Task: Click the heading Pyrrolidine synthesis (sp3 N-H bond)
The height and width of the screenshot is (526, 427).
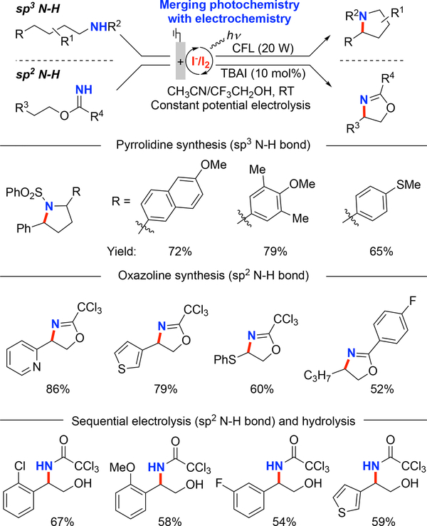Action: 213,148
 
